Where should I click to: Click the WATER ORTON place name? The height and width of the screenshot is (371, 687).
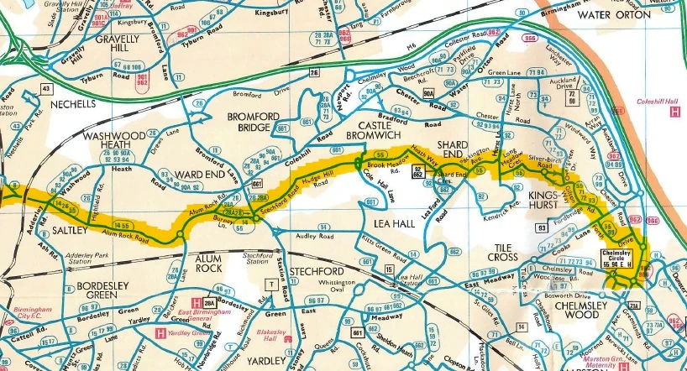coord(614,14)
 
